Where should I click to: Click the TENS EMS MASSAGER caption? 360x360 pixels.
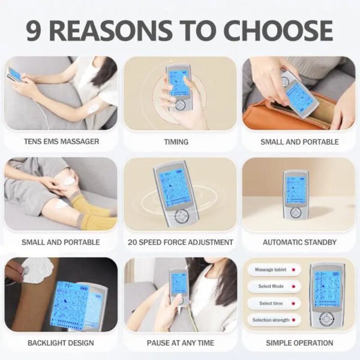(x=61, y=142)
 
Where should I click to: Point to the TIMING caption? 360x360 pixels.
(x=176, y=142)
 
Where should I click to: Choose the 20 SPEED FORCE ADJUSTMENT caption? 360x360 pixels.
(x=180, y=242)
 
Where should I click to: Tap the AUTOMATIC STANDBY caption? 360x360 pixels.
(x=299, y=242)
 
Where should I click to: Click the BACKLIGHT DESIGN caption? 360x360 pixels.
(x=61, y=343)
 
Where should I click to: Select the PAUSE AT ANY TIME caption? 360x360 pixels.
(x=179, y=343)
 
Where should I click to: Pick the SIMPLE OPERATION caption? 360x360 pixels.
(x=299, y=343)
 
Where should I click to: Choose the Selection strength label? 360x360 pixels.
(x=272, y=320)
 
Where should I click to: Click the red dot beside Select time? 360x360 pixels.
(x=293, y=304)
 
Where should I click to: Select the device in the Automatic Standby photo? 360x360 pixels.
(x=296, y=195)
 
